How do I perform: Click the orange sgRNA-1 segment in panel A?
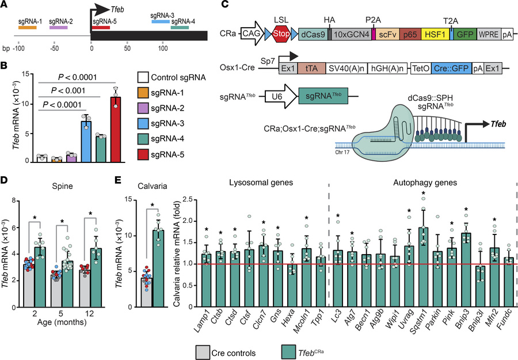[x=28, y=28]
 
